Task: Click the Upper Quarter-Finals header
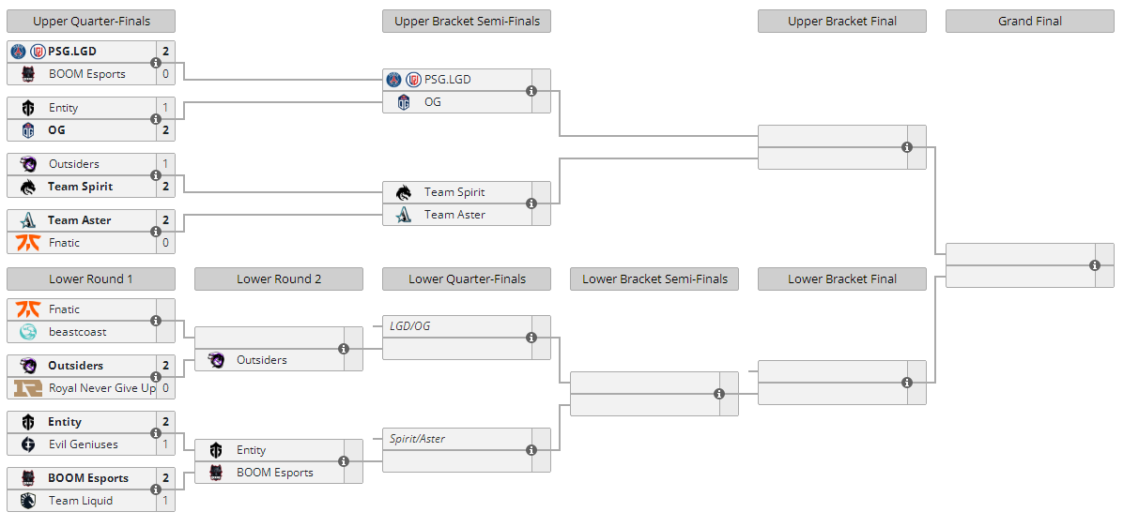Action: click(x=91, y=22)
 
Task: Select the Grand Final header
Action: click(x=1030, y=22)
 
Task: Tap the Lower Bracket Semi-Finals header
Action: click(x=654, y=279)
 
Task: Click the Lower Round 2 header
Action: click(x=279, y=279)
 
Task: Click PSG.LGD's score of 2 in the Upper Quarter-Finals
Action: click(x=166, y=52)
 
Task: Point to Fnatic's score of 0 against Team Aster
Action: click(x=166, y=243)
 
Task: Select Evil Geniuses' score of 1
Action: click(x=166, y=444)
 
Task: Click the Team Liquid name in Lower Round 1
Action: click(x=81, y=501)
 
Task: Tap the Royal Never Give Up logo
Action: click(x=28, y=388)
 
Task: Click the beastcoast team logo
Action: click(x=28, y=332)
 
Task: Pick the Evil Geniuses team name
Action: click(x=84, y=444)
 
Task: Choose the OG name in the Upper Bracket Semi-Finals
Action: click(x=433, y=102)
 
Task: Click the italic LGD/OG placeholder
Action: click(x=409, y=326)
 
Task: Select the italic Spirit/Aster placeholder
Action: click(x=417, y=439)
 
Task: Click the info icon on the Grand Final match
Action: click(x=1095, y=265)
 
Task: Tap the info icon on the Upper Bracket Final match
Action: click(x=907, y=147)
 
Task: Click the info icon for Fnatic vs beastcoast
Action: click(x=156, y=321)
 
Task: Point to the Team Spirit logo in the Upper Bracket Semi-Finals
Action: click(x=404, y=192)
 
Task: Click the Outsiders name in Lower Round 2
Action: click(x=262, y=360)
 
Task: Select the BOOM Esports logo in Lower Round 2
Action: click(x=216, y=473)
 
